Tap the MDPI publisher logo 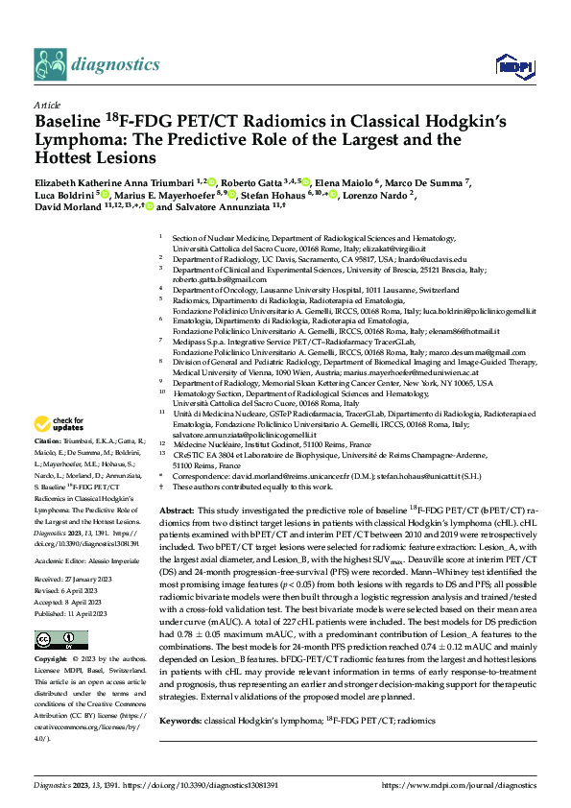pyautogui.click(x=508, y=64)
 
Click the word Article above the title pyautogui.click(x=47, y=105)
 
